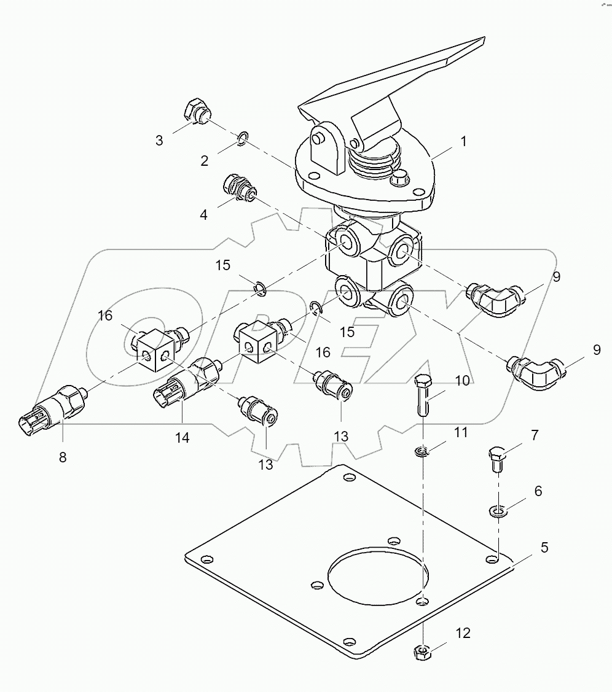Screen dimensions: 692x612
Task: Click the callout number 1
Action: [x=464, y=141]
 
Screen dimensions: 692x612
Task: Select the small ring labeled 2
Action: [x=243, y=140]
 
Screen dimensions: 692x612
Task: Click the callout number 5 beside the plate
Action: [x=544, y=546]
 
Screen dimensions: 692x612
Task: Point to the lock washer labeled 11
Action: [x=421, y=453]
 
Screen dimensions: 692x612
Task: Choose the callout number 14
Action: [x=181, y=438]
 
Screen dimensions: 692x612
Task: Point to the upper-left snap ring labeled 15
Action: [x=261, y=287]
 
